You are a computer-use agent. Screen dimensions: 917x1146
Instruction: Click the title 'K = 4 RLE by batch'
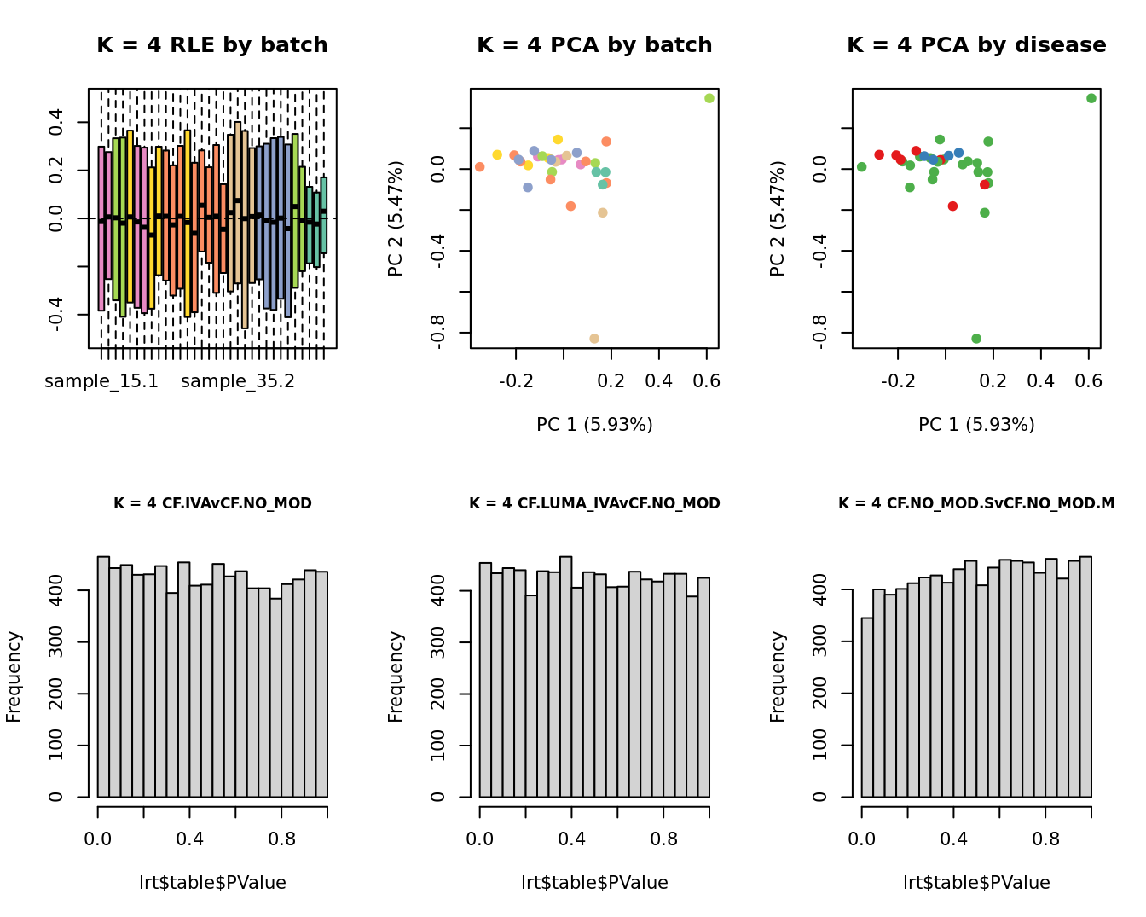click(x=211, y=45)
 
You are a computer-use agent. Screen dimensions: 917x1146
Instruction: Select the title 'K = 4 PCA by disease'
click(x=976, y=45)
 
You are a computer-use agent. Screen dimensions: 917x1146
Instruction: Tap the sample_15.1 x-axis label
click(x=101, y=381)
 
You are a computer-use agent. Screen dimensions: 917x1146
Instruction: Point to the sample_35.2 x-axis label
click(x=238, y=381)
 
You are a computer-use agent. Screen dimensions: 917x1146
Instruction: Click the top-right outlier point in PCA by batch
click(x=709, y=98)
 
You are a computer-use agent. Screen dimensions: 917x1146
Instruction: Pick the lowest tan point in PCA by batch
click(x=594, y=339)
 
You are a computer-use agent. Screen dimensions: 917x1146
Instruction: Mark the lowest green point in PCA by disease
click(x=976, y=339)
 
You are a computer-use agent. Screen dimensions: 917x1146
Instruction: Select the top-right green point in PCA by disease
click(x=1091, y=98)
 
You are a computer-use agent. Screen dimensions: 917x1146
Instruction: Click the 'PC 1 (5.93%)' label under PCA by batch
click(x=594, y=424)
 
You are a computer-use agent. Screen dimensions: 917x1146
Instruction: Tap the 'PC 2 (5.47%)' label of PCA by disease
click(x=777, y=218)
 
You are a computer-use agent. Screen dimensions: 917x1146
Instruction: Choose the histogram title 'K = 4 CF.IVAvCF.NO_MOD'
click(x=212, y=503)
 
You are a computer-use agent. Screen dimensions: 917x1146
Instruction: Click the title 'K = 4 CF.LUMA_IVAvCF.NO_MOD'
click(x=594, y=503)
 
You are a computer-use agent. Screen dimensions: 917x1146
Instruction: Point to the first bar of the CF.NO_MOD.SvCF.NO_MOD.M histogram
click(x=867, y=708)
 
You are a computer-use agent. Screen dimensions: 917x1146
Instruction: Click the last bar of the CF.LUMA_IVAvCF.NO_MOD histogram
click(x=703, y=688)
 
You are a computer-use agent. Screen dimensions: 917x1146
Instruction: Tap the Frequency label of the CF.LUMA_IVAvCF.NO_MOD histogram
click(x=396, y=676)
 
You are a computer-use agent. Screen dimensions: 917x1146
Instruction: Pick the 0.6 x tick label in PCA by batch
click(x=707, y=381)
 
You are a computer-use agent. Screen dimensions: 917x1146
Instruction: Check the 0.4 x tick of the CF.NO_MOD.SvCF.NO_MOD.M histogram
click(x=954, y=839)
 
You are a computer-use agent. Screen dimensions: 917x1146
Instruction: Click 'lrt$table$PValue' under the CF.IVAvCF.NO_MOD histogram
click(x=212, y=883)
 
